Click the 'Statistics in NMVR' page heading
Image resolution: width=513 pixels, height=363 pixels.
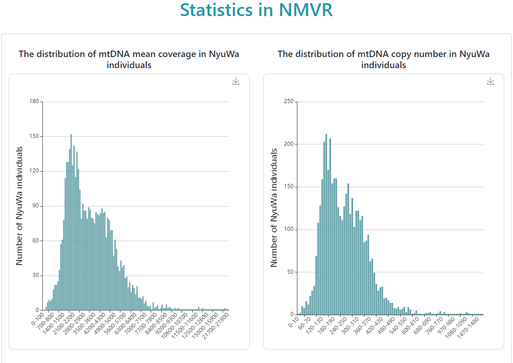[x=256, y=10]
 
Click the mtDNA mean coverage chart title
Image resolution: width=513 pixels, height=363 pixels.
[x=129, y=59]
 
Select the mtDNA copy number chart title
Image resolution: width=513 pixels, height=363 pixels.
[x=383, y=59]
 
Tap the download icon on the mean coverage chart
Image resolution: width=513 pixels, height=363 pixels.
[x=236, y=81]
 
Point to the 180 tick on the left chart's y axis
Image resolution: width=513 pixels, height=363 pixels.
[x=34, y=101]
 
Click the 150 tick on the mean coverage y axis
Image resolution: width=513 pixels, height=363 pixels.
[x=34, y=136]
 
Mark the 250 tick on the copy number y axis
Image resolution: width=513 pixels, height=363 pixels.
[x=289, y=101]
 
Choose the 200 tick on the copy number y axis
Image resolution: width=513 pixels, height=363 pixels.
[x=289, y=144]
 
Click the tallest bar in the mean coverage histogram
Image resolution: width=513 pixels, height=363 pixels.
[x=71, y=221]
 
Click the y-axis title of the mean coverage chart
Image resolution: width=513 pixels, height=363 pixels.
[x=19, y=206]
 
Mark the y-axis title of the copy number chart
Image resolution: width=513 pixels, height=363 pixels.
[x=274, y=208]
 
